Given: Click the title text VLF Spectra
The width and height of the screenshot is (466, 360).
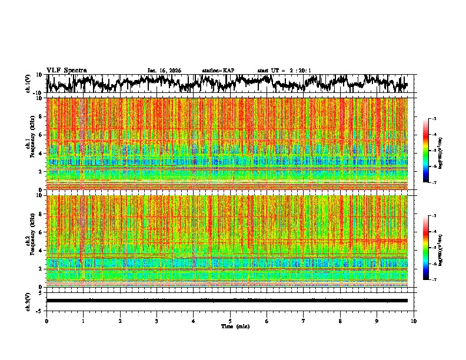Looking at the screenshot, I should (66, 70).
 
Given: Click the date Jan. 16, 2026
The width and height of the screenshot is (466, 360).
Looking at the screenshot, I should (164, 71).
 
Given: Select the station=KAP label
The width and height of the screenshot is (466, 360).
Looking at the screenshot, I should (218, 71).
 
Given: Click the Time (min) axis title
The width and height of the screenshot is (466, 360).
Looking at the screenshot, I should (235, 326).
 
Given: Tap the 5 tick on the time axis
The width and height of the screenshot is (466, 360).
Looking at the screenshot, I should (230, 321).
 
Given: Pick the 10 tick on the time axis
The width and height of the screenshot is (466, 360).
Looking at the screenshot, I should (414, 321).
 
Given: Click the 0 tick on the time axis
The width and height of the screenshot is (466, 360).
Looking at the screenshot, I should (46, 321).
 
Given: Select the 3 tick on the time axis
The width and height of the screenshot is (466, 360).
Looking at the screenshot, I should (157, 321).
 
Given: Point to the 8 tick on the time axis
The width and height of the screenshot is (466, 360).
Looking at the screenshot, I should (340, 321).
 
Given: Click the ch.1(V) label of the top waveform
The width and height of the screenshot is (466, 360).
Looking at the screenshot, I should (28, 84).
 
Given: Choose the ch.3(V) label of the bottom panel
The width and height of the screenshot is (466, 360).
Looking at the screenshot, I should (28, 300).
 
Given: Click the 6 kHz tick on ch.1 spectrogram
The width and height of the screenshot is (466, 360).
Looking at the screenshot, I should (41, 135).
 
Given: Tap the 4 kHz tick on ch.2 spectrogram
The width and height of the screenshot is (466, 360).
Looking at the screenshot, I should (41, 250).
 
